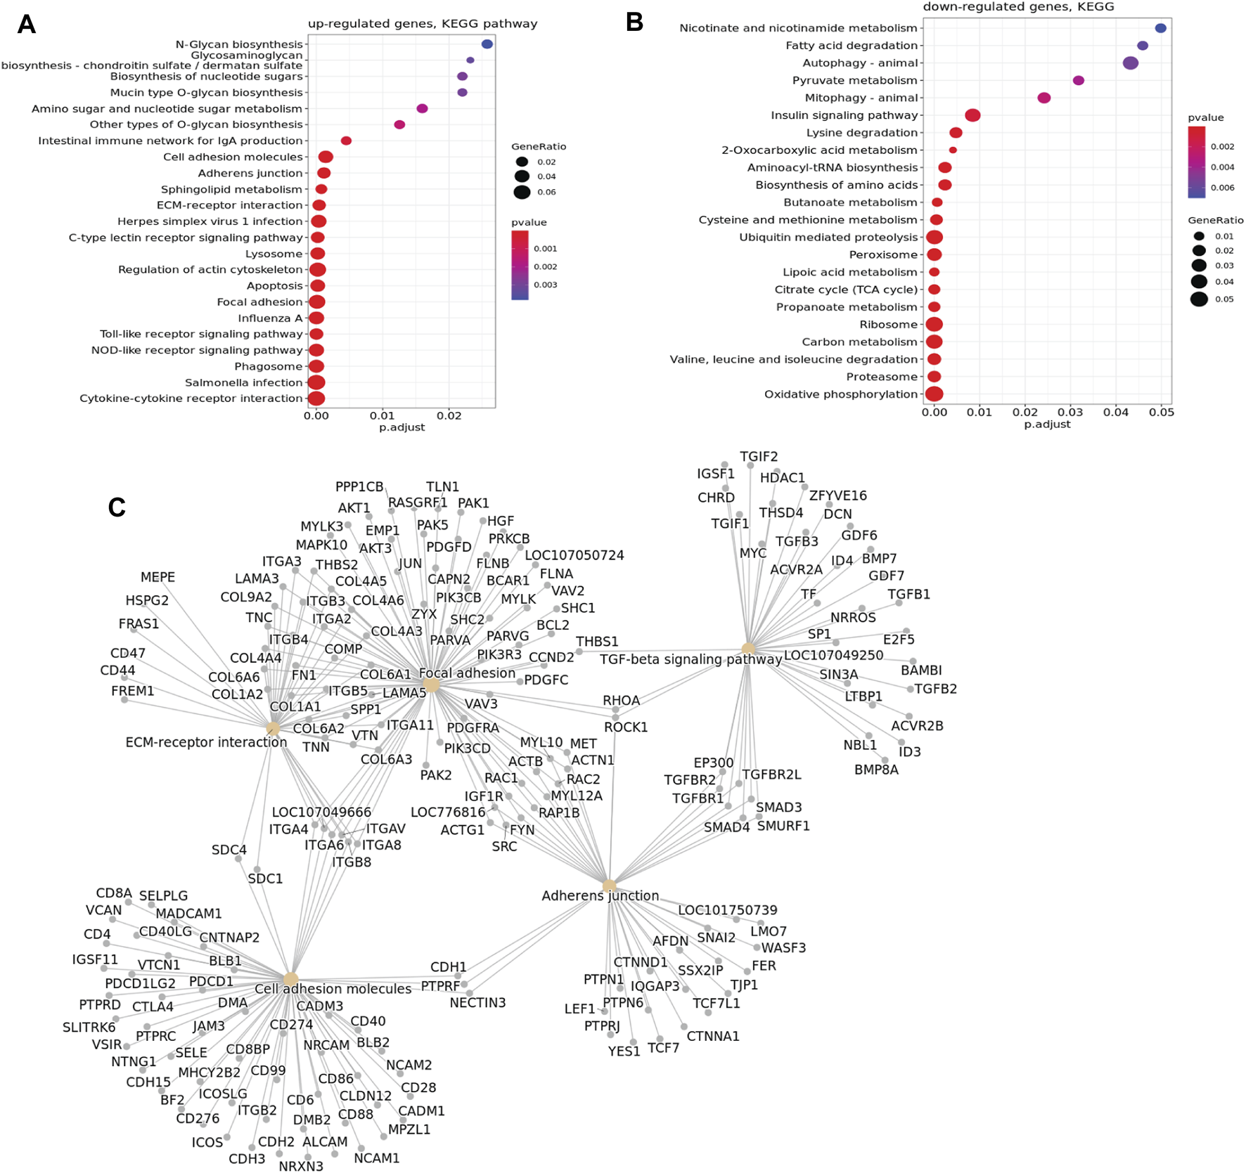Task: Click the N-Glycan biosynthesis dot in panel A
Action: [487, 44]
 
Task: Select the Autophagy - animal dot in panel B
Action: [1130, 63]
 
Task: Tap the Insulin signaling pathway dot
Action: [972, 115]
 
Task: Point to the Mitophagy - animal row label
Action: [861, 98]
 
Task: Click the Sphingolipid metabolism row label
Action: [231, 189]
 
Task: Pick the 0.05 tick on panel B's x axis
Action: [1161, 413]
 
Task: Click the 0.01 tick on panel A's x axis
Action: [383, 415]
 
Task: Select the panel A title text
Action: [422, 24]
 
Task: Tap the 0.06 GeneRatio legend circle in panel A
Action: [522, 192]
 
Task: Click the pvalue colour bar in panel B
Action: [1196, 162]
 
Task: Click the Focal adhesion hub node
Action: [431, 685]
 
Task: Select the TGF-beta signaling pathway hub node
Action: [748, 649]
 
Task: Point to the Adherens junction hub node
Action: [609, 886]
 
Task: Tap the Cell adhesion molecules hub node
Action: [290, 979]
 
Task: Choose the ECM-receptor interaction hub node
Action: [273, 728]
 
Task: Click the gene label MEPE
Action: [158, 577]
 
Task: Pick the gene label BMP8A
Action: [876, 770]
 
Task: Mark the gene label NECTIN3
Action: [477, 1002]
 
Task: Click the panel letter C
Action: [117, 507]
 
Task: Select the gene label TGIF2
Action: [759, 457]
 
